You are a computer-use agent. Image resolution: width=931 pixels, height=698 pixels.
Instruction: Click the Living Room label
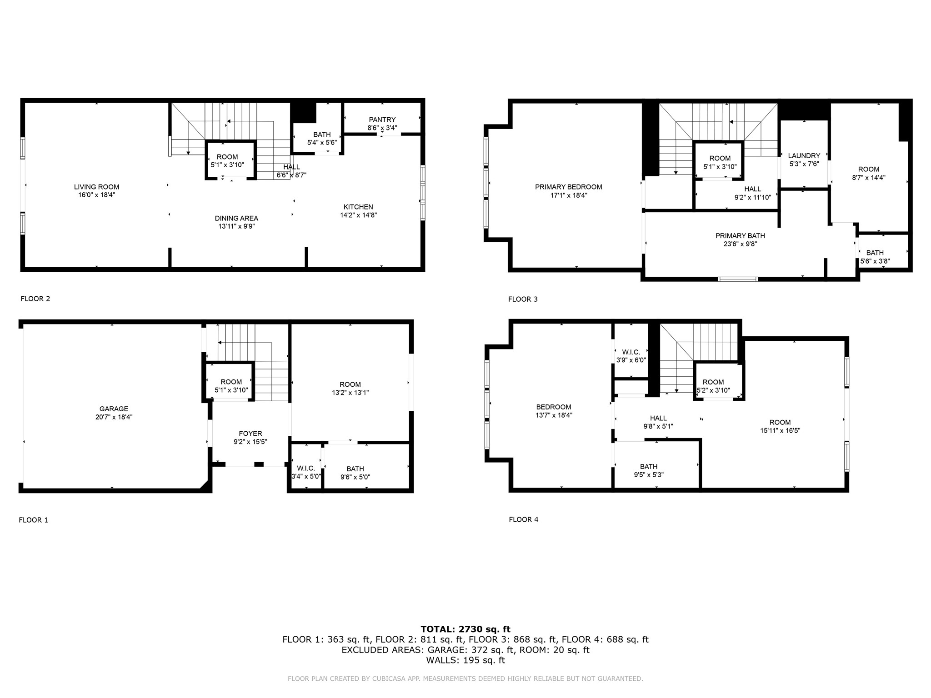96,187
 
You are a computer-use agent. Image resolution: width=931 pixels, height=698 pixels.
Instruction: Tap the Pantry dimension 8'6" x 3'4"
382,128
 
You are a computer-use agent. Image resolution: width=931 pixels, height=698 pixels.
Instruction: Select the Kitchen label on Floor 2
358,207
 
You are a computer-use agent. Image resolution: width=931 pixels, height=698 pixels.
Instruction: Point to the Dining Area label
236,218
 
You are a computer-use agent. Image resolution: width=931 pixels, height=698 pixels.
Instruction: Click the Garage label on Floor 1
114,409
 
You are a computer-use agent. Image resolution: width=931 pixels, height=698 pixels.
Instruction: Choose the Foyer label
250,434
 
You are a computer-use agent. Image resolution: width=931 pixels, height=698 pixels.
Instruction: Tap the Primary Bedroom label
568,187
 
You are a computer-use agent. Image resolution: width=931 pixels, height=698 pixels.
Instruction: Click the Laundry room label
804,155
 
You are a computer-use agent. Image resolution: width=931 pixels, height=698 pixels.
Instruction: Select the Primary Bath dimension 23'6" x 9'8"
740,244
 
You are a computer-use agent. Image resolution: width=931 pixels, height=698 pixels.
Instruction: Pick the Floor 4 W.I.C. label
631,352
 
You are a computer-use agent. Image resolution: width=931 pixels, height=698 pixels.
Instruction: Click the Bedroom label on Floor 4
553,407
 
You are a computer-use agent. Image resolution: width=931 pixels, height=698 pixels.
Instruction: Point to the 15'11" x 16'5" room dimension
780,430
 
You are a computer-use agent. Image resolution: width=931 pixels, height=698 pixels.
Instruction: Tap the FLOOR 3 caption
523,299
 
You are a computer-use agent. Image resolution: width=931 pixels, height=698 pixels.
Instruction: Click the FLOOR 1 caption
33,520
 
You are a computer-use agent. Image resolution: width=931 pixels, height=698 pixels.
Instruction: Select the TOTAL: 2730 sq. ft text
465,629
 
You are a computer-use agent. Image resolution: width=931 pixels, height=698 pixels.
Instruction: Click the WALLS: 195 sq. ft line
465,660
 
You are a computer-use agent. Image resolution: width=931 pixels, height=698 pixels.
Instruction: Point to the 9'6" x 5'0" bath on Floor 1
355,477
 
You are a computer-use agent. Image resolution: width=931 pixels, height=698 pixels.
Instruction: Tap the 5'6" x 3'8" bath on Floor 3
875,261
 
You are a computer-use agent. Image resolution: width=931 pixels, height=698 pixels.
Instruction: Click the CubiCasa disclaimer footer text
465,679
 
